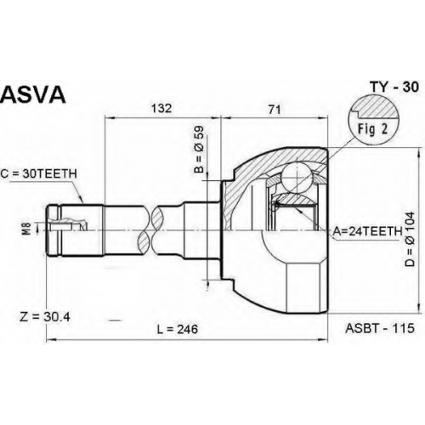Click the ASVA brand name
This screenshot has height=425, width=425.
pyautogui.click(x=33, y=93)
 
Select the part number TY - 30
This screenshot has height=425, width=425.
pyautogui.click(x=394, y=88)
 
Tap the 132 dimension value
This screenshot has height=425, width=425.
pyautogui.click(x=161, y=109)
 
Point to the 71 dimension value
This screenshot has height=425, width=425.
pyautogui.click(x=275, y=110)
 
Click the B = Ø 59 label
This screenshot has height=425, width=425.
pyautogui.click(x=199, y=150)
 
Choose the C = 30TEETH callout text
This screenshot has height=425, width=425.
pyautogui.click(x=39, y=174)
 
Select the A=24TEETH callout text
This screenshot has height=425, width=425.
pyautogui.click(x=367, y=231)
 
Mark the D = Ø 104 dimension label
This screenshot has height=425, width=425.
pyautogui.click(x=410, y=239)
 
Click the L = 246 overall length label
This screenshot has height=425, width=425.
pyautogui.click(x=178, y=329)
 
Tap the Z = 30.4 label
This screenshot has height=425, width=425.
pyautogui.click(x=45, y=317)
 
